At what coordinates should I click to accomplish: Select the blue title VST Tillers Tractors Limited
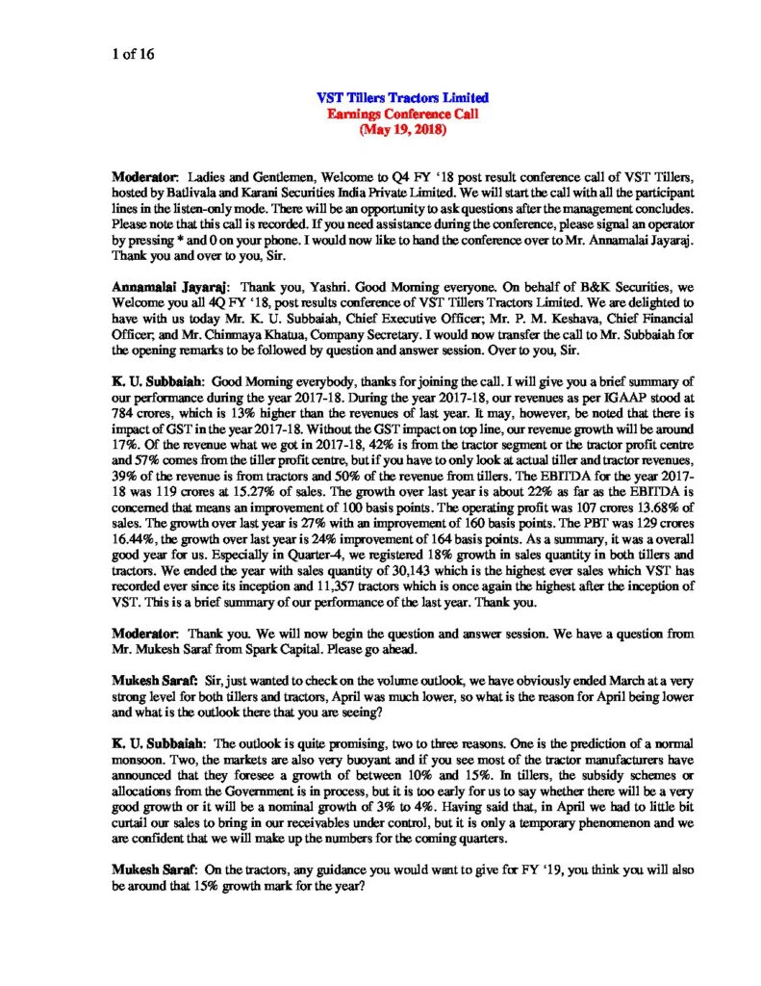(402, 97)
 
